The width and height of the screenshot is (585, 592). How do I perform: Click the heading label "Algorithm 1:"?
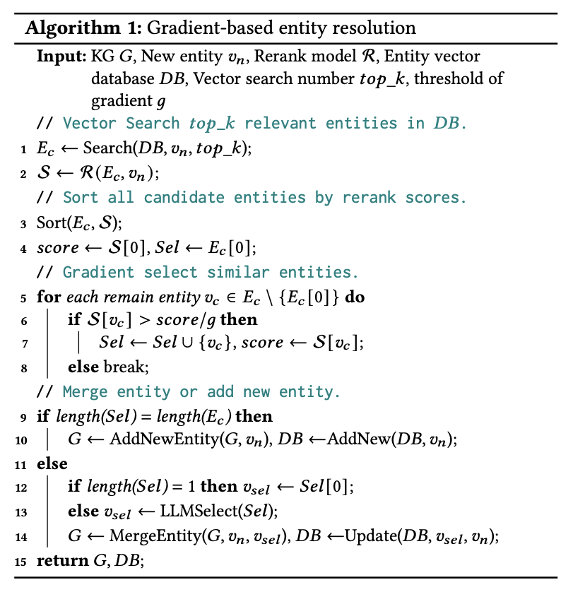click(x=70, y=28)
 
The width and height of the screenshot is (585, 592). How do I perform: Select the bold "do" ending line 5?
click(x=355, y=297)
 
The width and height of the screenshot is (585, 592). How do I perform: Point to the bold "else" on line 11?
click(x=52, y=463)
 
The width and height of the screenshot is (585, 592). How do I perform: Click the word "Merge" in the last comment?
click(x=86, y=391)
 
